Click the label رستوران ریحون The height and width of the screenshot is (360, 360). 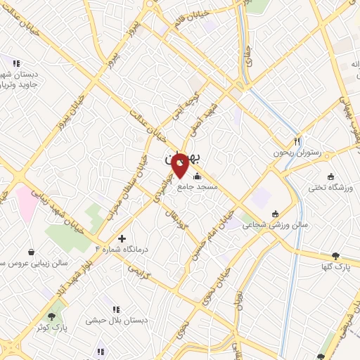pos(296,152)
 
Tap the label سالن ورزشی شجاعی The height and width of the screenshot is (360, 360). pos(275,226)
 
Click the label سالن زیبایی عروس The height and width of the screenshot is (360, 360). pos(32,262)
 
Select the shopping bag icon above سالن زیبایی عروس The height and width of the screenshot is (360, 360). pos(31,251)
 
